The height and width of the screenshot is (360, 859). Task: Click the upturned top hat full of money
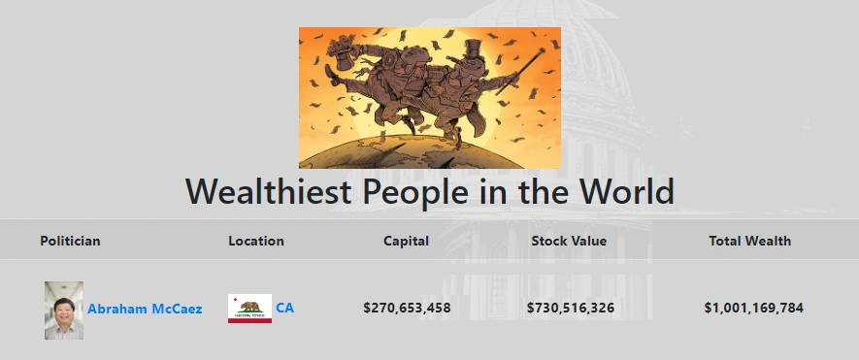coord(343,53)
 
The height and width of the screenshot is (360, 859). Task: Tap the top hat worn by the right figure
coord(473,49)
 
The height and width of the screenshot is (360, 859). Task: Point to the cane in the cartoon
coord(520,71)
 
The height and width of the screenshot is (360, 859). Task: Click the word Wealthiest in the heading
coord(268,191)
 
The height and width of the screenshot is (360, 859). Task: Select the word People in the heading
coord(415,192)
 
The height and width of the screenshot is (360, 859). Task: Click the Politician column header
coord(70,241)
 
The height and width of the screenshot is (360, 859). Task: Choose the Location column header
coord(256,241)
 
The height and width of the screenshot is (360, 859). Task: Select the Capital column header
coord(406,241)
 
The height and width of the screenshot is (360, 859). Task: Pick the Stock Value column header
coord(569,241)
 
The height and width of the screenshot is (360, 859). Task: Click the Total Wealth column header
coord(749,241)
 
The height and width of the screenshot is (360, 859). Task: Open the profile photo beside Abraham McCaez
coord(64,311)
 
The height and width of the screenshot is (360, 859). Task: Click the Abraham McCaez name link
coord(145,309)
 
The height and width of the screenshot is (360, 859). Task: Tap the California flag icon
coord(249,309)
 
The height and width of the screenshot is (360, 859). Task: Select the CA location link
coord(284,308)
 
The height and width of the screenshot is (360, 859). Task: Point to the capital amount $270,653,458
coord(407,308)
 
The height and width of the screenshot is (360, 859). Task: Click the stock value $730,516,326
coord(571,308)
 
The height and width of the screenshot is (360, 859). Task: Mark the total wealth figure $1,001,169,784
coord(754,308)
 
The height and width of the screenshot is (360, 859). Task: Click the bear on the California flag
coord(250,307)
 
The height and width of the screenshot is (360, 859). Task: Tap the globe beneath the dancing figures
coord(411,152)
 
